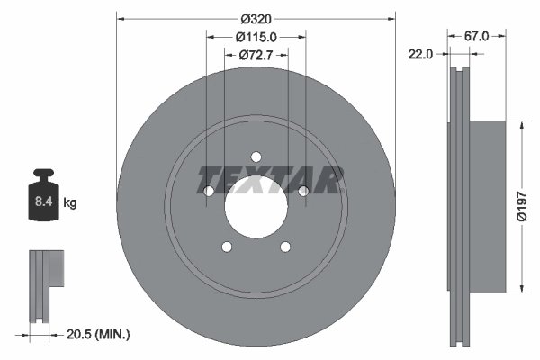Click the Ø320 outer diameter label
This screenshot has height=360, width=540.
pyautogui.click(x=256, y=17)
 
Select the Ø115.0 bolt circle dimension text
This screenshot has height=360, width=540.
pyautogui.click(x=256, y=37)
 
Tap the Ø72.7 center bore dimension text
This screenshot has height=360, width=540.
pyautogui.click(x=256, y=56)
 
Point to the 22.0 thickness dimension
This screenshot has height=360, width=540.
pyautogui.click(x=420, y=54)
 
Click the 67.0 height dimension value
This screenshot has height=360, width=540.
pyautogui.click(x=476, y=37)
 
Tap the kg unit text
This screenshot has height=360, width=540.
pyautogui.click(x=70, y=203)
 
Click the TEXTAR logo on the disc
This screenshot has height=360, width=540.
pyautogui.click(x=271, y=179)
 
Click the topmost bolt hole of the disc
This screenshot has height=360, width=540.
pyautogui.click(x=256, y=156)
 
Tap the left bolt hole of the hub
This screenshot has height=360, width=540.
pyautogui.click(x=209, y=191)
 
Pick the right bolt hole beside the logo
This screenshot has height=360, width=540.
pyautogui.click(x=303, y=190)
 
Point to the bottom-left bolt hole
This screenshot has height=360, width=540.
pyautogui.click(x=227, y=247)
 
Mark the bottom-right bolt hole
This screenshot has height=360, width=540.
pyautogui.click(x=285, y=247)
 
